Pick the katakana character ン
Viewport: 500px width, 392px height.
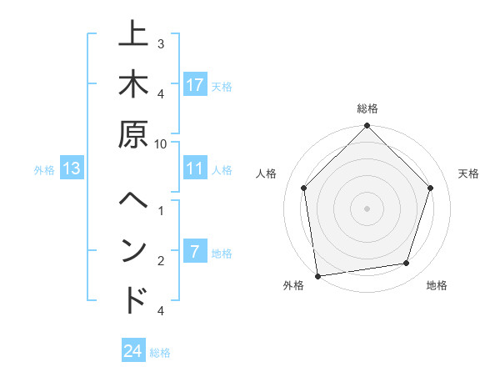133,251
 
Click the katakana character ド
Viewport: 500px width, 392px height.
133,299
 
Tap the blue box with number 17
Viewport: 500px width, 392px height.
195,85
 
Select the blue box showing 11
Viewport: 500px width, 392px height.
195,168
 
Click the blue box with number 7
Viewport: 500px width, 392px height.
195,252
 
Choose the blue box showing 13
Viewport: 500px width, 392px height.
72,168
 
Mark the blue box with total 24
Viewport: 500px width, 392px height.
133,351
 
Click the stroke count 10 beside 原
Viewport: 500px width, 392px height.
162,143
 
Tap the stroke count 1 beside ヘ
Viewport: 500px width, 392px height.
161,209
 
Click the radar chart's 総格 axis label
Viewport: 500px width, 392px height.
367,108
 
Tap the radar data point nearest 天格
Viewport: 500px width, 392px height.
431,188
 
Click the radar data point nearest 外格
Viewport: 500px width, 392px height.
317,275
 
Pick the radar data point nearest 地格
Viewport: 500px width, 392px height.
407,264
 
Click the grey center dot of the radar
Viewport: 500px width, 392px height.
367,208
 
